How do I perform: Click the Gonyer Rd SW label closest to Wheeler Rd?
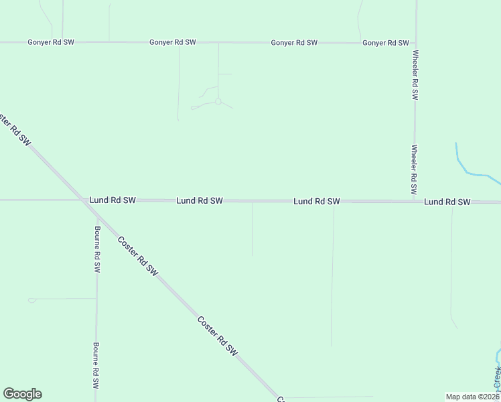click(385, 43)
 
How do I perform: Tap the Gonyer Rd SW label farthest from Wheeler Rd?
click(51, 42)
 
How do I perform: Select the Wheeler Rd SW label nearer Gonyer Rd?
click(415, 75)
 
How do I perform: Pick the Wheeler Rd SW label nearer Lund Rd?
click(415, 166)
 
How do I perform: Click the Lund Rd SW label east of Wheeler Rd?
click(447, 202)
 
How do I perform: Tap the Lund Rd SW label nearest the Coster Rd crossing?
click(113, 200)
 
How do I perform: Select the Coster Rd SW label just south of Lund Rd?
click(137, 257)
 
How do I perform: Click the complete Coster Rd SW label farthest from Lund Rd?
click(218, 336)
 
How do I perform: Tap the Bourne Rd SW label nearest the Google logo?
click(96, 366)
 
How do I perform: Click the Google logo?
click(22, 394)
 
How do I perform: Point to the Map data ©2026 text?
click(472, 397)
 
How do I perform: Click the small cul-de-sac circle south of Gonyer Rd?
click(218, 101)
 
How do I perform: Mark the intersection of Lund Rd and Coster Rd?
click(84, 200)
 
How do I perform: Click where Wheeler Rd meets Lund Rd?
click(415, 200)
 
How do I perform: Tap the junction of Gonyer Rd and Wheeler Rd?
click(415, 43)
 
